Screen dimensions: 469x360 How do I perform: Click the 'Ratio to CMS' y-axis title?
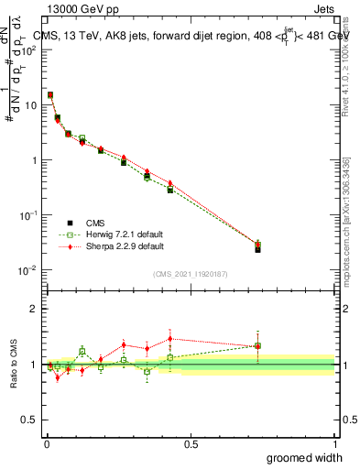[x=14, y=364]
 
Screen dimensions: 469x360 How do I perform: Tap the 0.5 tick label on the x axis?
[x=191, y=444]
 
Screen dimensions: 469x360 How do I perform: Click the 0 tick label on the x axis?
[x=46, y=444]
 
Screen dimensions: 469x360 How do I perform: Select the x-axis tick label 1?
[x=334, y=444]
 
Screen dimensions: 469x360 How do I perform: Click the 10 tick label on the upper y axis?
[x=32, y=105]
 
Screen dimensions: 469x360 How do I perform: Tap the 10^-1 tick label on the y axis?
[x=30, y=215]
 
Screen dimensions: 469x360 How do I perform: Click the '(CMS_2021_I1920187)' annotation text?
[x=190, y=274]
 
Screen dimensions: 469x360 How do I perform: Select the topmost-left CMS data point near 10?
[x=50, y=94]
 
